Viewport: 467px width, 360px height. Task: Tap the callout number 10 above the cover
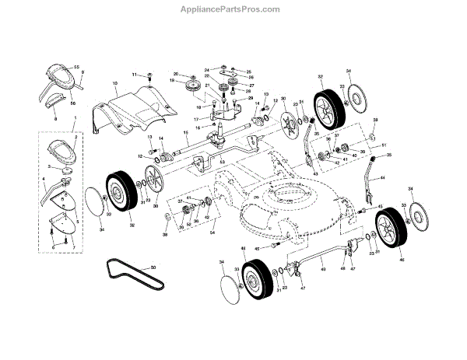(x=114, y=82)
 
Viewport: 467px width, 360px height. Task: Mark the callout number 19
(x=171, y=81)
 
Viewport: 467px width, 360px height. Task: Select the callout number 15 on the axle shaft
(x=186, y=131)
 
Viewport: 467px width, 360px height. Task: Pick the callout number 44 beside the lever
(x=382, y=179)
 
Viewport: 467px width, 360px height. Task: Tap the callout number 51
(x=384, y=145)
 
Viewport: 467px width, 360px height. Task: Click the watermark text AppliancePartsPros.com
(x=233, y=9)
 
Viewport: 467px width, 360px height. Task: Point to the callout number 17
(x=196, y=119)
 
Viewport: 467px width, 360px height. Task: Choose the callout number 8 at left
(x=57, y=121)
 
